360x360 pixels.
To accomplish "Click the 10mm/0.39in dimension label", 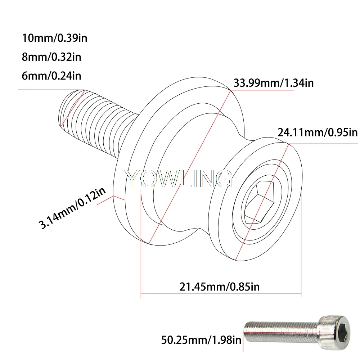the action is click(x=55, y=38).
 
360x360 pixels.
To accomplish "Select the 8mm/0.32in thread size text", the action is click(x=51, y=57).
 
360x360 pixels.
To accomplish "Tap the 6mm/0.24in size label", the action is click(x=51, y=76).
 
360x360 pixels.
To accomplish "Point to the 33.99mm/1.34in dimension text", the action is click(x=274, y=83).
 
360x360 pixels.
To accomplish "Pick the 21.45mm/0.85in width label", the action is click(x=220, y=287).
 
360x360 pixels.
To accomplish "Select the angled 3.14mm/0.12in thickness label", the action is click(x=72, y=208).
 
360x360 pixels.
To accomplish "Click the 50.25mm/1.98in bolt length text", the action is click(x=201, y=340).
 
